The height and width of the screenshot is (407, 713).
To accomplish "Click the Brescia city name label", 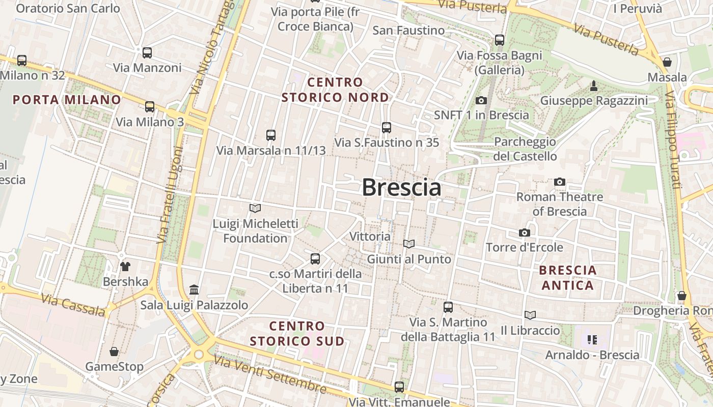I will pos(401,188).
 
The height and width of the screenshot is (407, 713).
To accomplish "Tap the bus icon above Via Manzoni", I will pos(147,52).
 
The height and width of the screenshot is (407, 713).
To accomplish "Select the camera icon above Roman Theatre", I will pos(560,182).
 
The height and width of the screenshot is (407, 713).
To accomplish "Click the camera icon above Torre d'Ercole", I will pos(525,232).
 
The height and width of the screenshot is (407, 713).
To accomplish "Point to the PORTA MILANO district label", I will pos(67,100).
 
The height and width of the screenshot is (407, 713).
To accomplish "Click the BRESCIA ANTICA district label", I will pos(568,277).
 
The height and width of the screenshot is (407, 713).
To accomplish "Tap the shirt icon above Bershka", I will pos(125,266).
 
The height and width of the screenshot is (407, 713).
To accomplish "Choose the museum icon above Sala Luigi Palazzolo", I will pos(194,290).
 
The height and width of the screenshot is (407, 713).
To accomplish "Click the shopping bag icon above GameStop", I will pos(114,352).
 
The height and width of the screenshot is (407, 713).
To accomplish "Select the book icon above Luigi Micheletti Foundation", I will pos(255,208).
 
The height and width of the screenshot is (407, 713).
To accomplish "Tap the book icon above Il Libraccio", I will pos(530,315).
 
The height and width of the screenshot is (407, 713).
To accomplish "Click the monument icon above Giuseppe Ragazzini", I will pos(593,86).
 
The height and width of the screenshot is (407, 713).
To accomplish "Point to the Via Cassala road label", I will pos(73,305).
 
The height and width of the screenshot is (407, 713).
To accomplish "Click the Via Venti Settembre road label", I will pos(269,375).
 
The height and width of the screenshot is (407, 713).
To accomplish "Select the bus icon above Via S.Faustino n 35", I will pos(387,127).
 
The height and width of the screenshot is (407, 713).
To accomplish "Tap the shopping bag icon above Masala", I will pos(667,62).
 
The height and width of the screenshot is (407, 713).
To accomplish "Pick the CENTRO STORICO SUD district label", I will pos(297,333).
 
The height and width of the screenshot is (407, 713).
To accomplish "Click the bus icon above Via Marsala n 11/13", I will pos(271,135).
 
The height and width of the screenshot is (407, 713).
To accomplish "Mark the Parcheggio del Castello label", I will pos(525,149).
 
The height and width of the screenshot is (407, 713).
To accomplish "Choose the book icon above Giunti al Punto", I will pos(409,244).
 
